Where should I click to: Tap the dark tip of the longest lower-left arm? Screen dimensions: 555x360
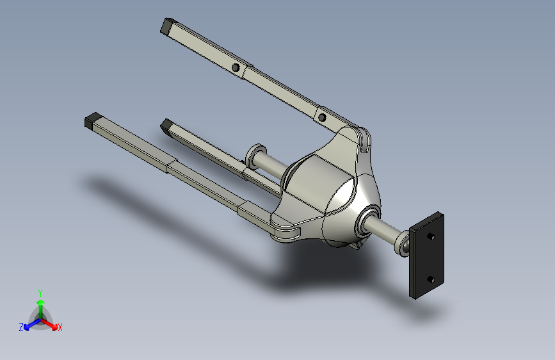coord(93,120)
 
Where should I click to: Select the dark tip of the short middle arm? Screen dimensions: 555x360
coord(166,126)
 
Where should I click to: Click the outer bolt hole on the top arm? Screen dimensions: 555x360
coord(236,67)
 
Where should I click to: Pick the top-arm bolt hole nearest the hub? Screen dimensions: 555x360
coord(322,117)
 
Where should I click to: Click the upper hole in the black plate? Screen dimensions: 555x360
coord(431,236)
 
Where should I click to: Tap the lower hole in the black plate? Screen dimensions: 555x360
coord(430,279)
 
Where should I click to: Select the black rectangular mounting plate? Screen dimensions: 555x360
coord(426,256)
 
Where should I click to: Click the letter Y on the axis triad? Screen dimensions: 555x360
coord(40,293)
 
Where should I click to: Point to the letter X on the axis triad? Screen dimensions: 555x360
coord(60,328)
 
